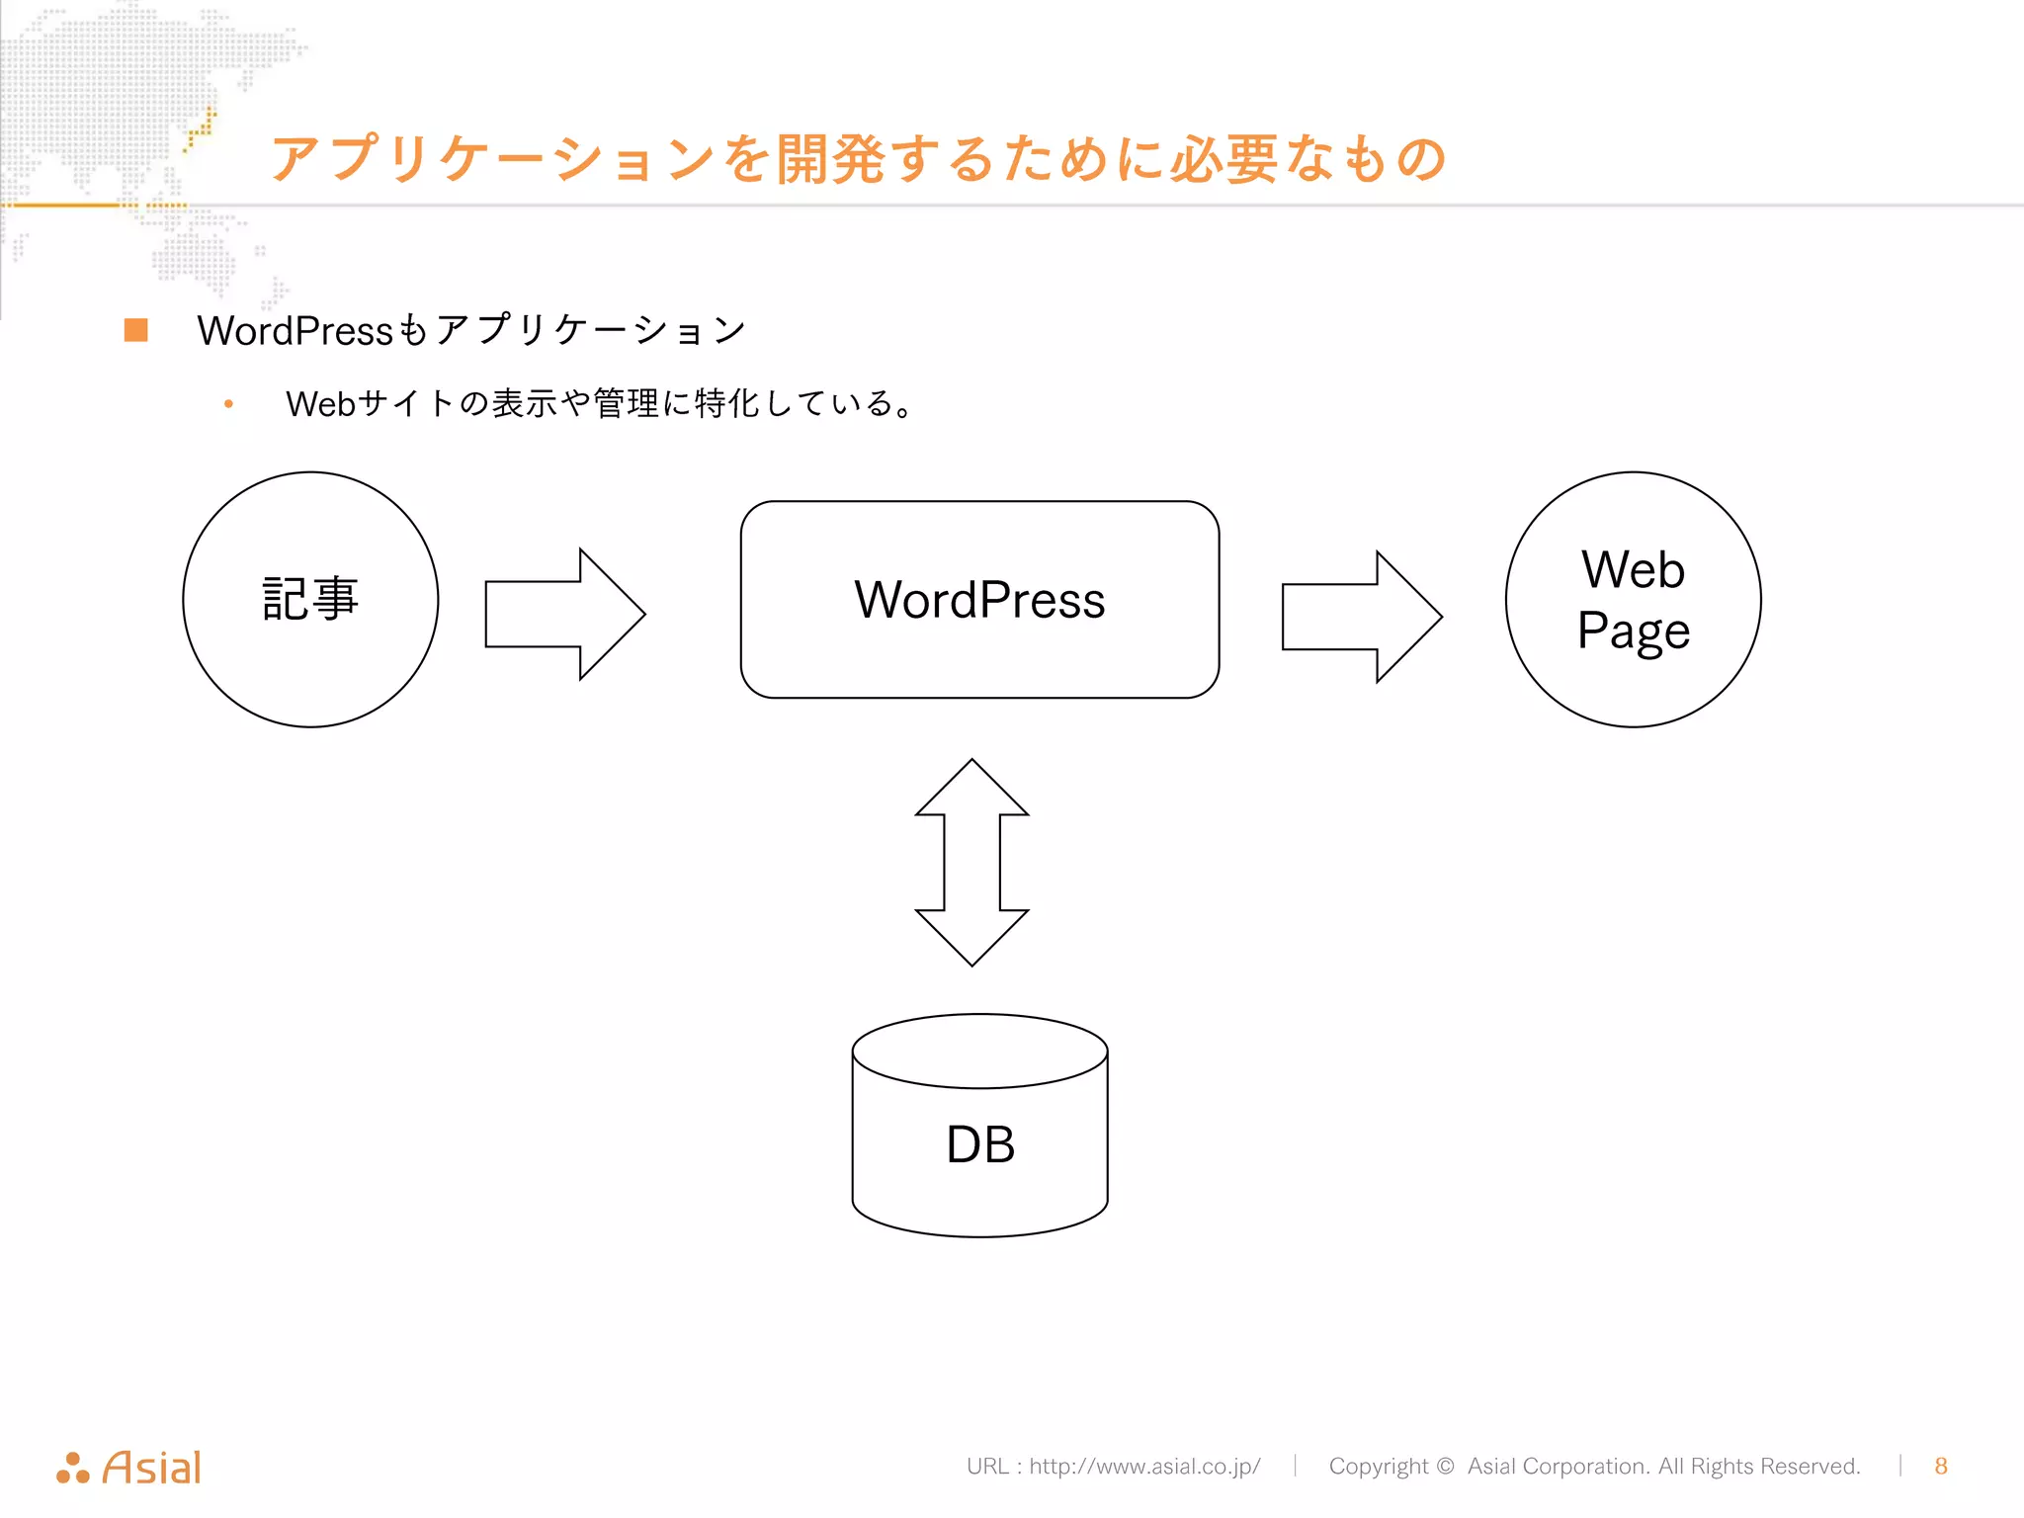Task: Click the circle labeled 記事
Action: [x=310, y=600]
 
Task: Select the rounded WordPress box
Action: [x=979, y=600]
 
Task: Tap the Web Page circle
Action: [x=1633, y=600]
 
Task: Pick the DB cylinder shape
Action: [x=979, y=1127]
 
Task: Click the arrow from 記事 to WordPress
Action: [x=564, y=614]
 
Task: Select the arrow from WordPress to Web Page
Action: [x=1361, y=617]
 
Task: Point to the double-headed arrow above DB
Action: [x=972, y=862]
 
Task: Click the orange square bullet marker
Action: [x=136, y=330]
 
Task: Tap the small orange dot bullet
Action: [x=228, y=403]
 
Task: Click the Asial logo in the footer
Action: [x=129, y=1468]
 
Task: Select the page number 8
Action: [x=1941, y=1466]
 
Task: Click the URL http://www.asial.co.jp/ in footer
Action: [x=1143, y=1466]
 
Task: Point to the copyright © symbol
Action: [x=1445, y=1466]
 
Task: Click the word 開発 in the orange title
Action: [x=830, y=159]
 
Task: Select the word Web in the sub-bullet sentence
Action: [x=320, y=403]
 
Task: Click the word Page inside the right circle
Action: [x=1633, y=632]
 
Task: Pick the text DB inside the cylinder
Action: [x=979, y=1144]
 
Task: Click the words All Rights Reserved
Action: [x=1759, y=1466]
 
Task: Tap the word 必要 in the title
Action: [x=1224, y=159]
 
